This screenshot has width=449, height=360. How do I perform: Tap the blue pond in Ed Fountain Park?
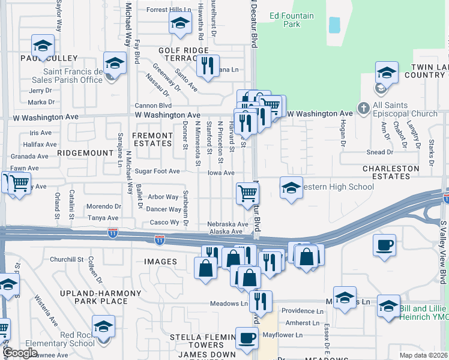[x=334, y=25]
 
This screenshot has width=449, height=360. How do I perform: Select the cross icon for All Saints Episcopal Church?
[x=363, y=109]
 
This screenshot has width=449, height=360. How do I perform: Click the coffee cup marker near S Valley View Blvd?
[x=384, y=245]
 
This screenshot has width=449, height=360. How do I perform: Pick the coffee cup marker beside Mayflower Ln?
[x=246, y=338]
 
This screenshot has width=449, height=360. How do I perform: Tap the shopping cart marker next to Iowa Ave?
[x=247, y=193]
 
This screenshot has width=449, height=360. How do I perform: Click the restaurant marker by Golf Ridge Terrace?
[x=208, y=65]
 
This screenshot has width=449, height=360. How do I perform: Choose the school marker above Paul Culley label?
[x=43, y=45]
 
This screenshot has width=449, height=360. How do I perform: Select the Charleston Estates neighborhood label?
[x=391, y=173]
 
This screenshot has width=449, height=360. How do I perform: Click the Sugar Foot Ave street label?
[x=157, y=171]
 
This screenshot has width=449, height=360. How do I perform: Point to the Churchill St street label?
[x=66, y=259]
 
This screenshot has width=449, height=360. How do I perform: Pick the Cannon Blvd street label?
[x=153, y=105]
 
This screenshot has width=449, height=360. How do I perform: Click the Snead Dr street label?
[x=380, y=152]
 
